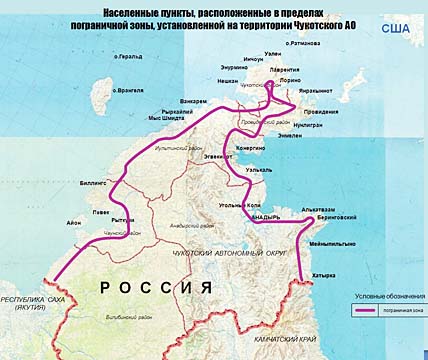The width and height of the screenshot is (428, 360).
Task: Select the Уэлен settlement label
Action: [270, 56]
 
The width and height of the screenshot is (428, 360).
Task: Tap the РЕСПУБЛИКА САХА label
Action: [33, 300]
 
